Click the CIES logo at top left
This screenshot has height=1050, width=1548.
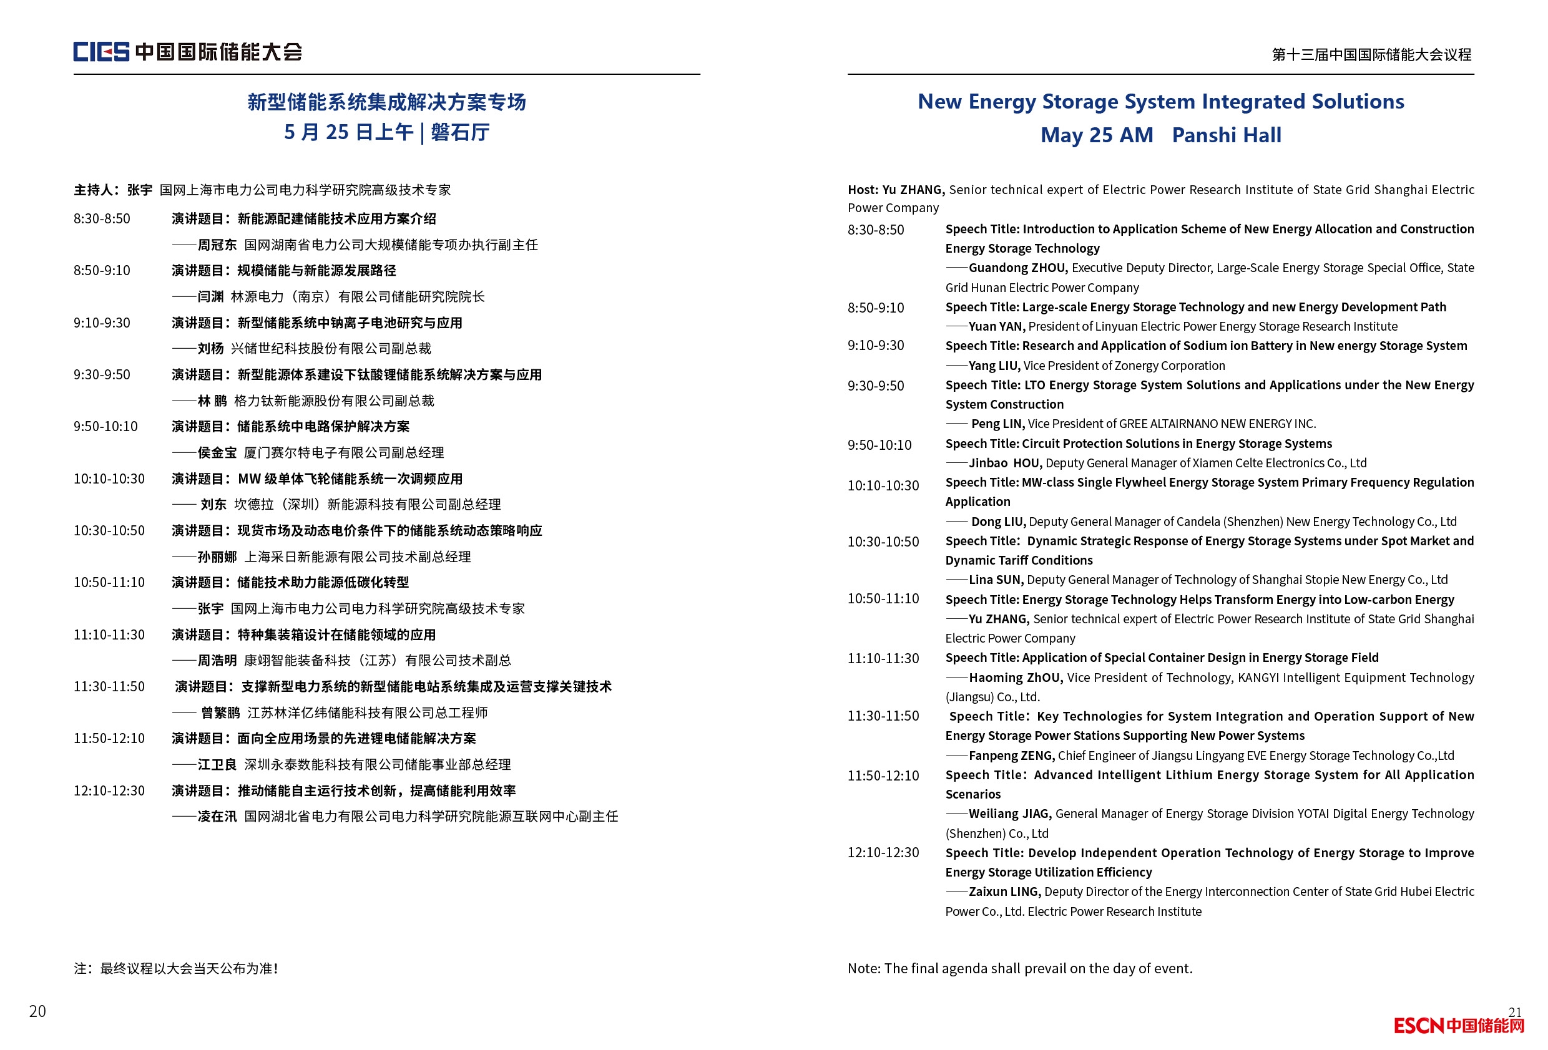(100, 51)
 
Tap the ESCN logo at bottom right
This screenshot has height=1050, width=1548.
(1458, 1026)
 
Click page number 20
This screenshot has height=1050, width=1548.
(37, 1011)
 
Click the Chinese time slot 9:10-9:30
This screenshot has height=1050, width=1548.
(102, 323)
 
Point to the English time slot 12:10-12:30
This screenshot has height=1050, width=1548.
(883, 853)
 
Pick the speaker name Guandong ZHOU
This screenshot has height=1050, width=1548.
(1017, 268)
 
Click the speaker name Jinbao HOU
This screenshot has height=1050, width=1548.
(1005, 464)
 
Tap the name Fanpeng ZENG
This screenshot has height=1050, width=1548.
(1011, 756)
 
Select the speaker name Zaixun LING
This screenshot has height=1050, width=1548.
(1004, 892)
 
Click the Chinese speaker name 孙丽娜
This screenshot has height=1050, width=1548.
(217, 557)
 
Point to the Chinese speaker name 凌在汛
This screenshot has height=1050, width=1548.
(217, 817)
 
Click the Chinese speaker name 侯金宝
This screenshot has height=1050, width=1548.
(217, 454)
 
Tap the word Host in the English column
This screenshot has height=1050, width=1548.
(862, 190)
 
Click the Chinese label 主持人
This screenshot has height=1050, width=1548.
(92, 190)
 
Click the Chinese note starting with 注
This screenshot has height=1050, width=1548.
(176, 969)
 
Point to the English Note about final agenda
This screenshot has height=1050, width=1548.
(1020, 969)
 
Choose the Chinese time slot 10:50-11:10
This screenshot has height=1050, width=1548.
(109, 583)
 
